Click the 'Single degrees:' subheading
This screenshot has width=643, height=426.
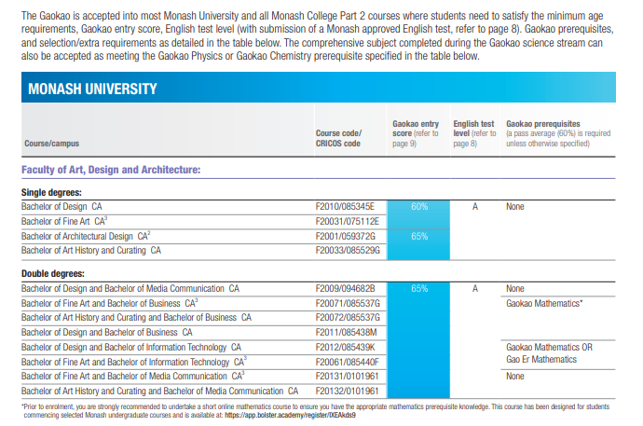[x=53, y=192]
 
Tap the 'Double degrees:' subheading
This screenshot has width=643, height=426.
[x=55, y=274]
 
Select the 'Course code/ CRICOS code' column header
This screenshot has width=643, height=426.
[x=338, y=138]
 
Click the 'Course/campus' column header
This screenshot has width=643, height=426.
[x=51, y=144]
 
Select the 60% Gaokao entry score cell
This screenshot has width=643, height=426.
[x=418, y=206]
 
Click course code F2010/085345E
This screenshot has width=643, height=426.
[x=345, y=206]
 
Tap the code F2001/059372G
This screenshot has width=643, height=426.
[x=345, y=236]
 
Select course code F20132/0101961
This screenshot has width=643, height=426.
[x=348, y=391]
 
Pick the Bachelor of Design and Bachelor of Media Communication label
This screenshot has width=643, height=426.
[x=130, y=289]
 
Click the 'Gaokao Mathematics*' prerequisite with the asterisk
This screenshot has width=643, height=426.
[x=544, y=304]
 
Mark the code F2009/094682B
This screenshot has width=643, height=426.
[x=345, y=289]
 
